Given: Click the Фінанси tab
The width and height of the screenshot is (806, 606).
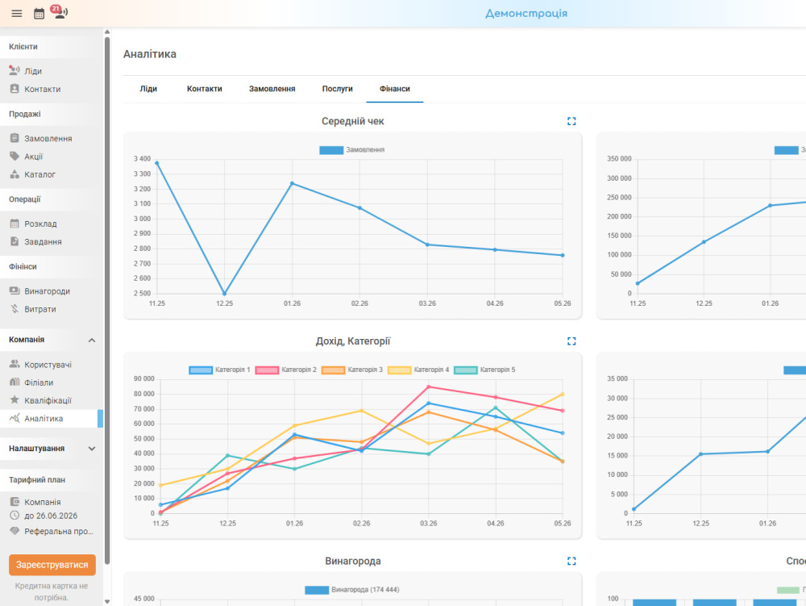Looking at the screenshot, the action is tap(395, 89).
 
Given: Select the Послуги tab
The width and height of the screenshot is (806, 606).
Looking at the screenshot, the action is tap(337, 89).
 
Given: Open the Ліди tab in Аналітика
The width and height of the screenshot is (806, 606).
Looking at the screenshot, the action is tap(148, 89).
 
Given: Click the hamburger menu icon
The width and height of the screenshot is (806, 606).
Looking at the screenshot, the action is tap(16, 14).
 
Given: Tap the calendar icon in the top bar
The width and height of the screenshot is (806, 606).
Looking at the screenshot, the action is tap(39, 14).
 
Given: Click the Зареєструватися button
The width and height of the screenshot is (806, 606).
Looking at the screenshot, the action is tap(52, 565).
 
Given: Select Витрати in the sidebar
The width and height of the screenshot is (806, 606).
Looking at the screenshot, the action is tap(40, 309).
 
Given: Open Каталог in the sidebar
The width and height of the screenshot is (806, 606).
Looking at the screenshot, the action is tap(39, 174).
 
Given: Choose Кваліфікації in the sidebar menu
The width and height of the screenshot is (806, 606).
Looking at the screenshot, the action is tap(48, 400).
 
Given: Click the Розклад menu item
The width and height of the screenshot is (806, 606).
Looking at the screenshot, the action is tap(40, 224).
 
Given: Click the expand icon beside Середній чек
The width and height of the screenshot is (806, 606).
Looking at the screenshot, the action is tap(571, 121).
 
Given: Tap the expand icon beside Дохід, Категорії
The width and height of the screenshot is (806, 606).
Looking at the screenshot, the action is tap(571, 341).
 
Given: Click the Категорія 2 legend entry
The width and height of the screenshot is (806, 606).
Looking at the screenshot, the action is tap(286, 370).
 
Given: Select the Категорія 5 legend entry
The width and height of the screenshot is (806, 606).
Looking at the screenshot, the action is tap(484, 370).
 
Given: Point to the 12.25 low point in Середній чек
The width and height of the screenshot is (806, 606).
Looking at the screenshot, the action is tap(224, 294).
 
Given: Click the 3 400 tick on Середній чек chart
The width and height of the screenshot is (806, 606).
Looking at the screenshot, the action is tap(143, 159).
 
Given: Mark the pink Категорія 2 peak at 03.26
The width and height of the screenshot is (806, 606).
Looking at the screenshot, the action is tap(429, 387).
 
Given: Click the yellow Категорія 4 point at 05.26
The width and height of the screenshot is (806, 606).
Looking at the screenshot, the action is tap(563, 395).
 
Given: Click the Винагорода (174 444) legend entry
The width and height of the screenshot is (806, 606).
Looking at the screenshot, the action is tap(352, 590).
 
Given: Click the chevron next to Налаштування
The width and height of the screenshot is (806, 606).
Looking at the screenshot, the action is tap(92, 449).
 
